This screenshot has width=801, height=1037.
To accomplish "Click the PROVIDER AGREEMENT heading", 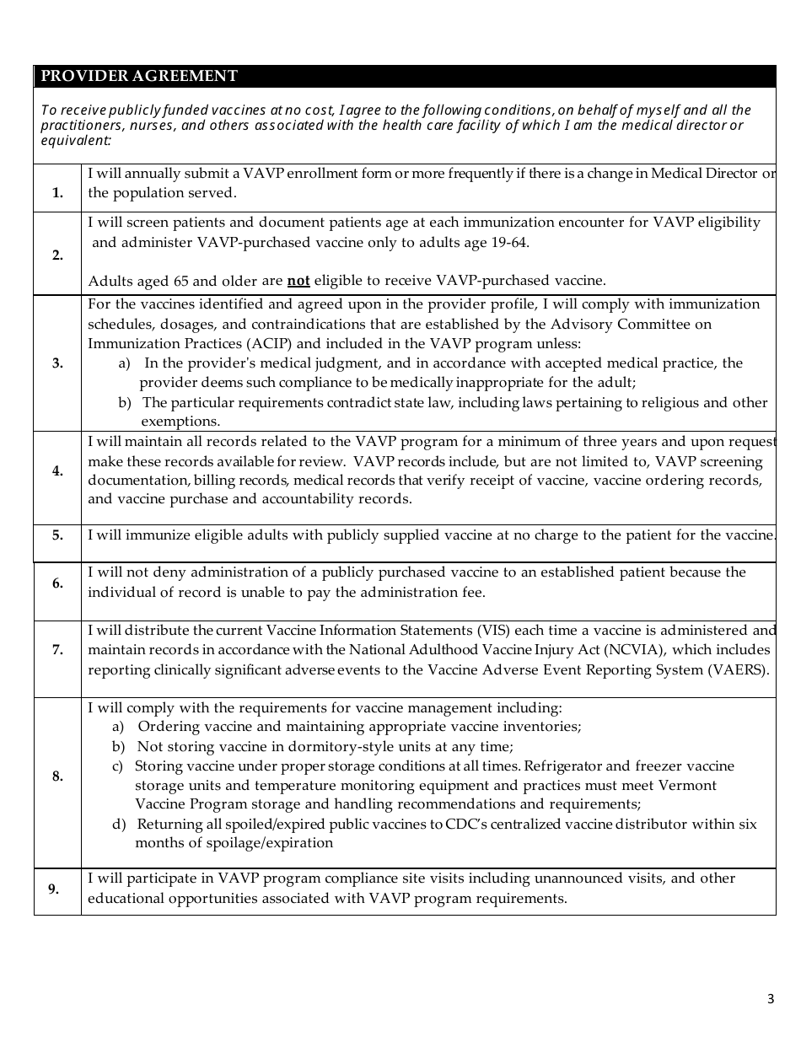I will point(139,76).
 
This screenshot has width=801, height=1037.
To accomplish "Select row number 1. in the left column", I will point(57,193).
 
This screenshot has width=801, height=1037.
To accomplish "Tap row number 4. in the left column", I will point(57,471).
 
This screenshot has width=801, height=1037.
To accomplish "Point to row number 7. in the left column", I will point(57,650).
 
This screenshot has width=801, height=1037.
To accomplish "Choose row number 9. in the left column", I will point(53,889).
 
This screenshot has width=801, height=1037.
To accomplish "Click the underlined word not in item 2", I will point(298,281).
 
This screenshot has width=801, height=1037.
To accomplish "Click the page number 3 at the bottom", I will point(770,999).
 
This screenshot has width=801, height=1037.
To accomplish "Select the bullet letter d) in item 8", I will point(119,824).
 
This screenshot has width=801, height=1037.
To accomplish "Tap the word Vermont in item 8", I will point(689,785).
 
